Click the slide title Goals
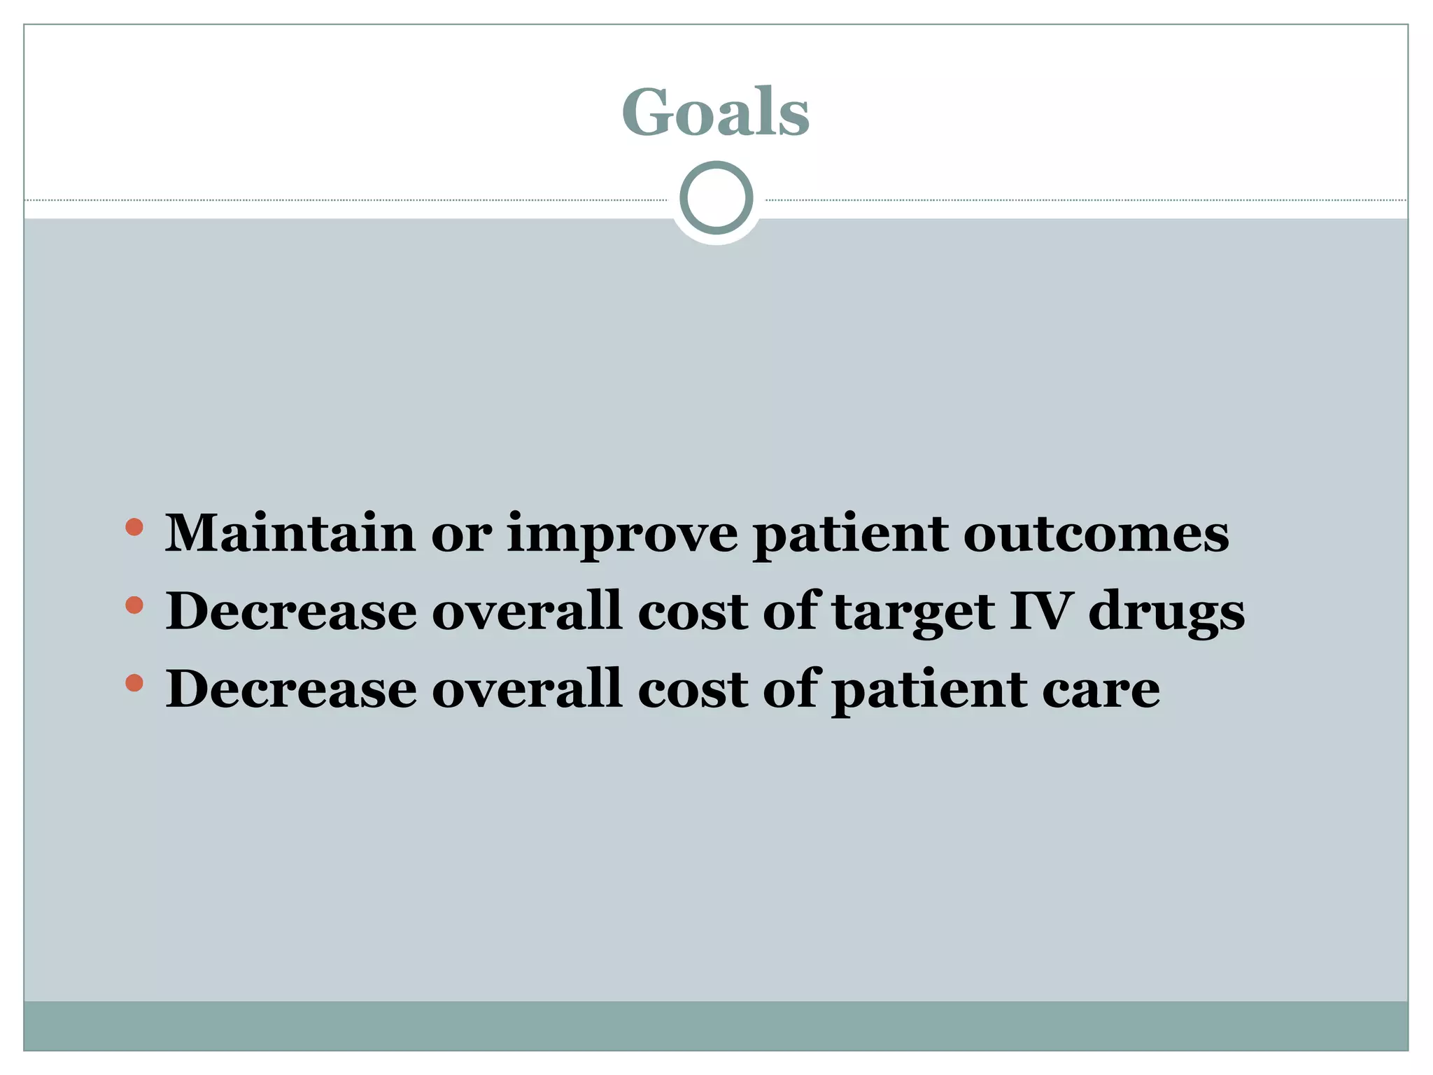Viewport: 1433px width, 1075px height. pyautogui.click(x=715, y=113)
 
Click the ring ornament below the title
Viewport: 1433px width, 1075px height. pyautogui.click(x=716, y=198)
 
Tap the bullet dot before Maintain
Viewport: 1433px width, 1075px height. pyautogui.click(x=134, y=527)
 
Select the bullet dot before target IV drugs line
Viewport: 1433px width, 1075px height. pyautogui.click(x=134, y=605)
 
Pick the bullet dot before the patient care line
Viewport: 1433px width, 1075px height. pyautogui.click(x=134, y=682)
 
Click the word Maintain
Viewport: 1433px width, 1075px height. pyautogui.click(x=290, y=533)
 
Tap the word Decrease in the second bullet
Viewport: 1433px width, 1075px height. pyautogui.click(x=291, y=611)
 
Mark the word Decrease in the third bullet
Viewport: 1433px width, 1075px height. pyautogui.click(x=291, y=689)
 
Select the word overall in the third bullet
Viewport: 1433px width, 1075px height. pyautogui.click(x=527, y=689)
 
